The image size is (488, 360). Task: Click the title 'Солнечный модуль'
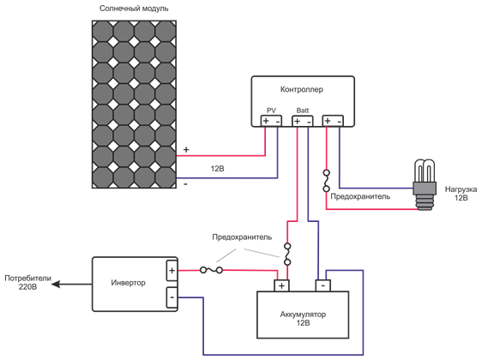pyautogui.click(x=133, y=9)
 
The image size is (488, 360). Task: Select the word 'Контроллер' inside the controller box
pyautogui.click(x=302, y=89)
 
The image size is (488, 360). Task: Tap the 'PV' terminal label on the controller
pyautogui.click(x=271, y=111)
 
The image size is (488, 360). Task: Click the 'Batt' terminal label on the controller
pyautogui.click(x=303, y=111)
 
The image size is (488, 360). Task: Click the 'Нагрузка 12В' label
pyautogui.click(x=461, y=193)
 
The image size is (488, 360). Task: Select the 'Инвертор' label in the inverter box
pyautogui.click(x=129, y=283)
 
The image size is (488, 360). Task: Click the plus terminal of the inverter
pyautogui.click(x=172, y=270)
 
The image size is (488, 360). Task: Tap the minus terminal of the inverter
pyautogui.click(x=172, y=297)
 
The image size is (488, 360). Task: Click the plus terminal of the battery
pyautogui.click(x=281, y=285)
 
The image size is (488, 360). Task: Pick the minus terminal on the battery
pyautogui.click(x=324, y=285)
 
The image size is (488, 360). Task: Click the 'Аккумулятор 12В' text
pyautogui.click(x=303, y=319)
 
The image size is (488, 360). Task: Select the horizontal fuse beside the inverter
pyautogui.click(x=211, y=270)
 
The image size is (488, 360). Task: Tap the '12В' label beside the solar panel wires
pyautogui.click(x=217, y=169)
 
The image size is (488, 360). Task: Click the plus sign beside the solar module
pyautogui.click(x=186, y=150)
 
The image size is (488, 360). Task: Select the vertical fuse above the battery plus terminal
pyautogui.click(x=287, y=255)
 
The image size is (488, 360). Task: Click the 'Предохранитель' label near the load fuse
pyautogui.click(x=360, y=196)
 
